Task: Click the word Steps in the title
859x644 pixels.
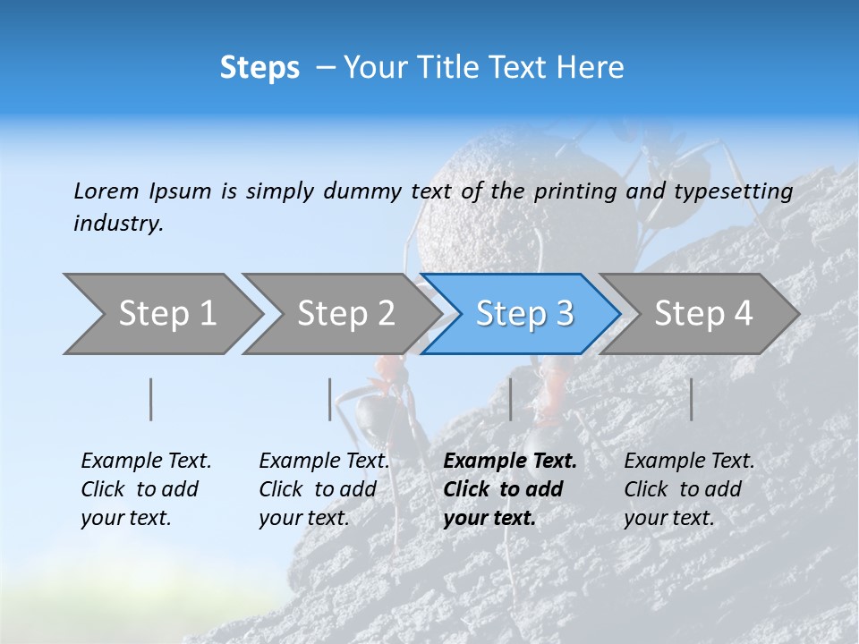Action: (x=259, y=68)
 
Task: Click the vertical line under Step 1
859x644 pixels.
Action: (x=151, y=399)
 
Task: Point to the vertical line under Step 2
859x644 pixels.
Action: (x=330, y=399)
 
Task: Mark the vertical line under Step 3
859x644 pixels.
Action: (x=510, y=399)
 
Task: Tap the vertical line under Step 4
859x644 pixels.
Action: (x=692, y=399)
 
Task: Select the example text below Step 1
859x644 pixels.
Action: (x=146, y=489)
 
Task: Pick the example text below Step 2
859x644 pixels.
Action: (x=324, y=489)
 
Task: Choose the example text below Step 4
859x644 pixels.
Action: (x=689, y=489)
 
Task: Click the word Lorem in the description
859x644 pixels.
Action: (x=106, y=191)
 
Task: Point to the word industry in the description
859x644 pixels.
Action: (x=117, y=224)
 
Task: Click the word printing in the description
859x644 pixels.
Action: (x=574, y=191)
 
